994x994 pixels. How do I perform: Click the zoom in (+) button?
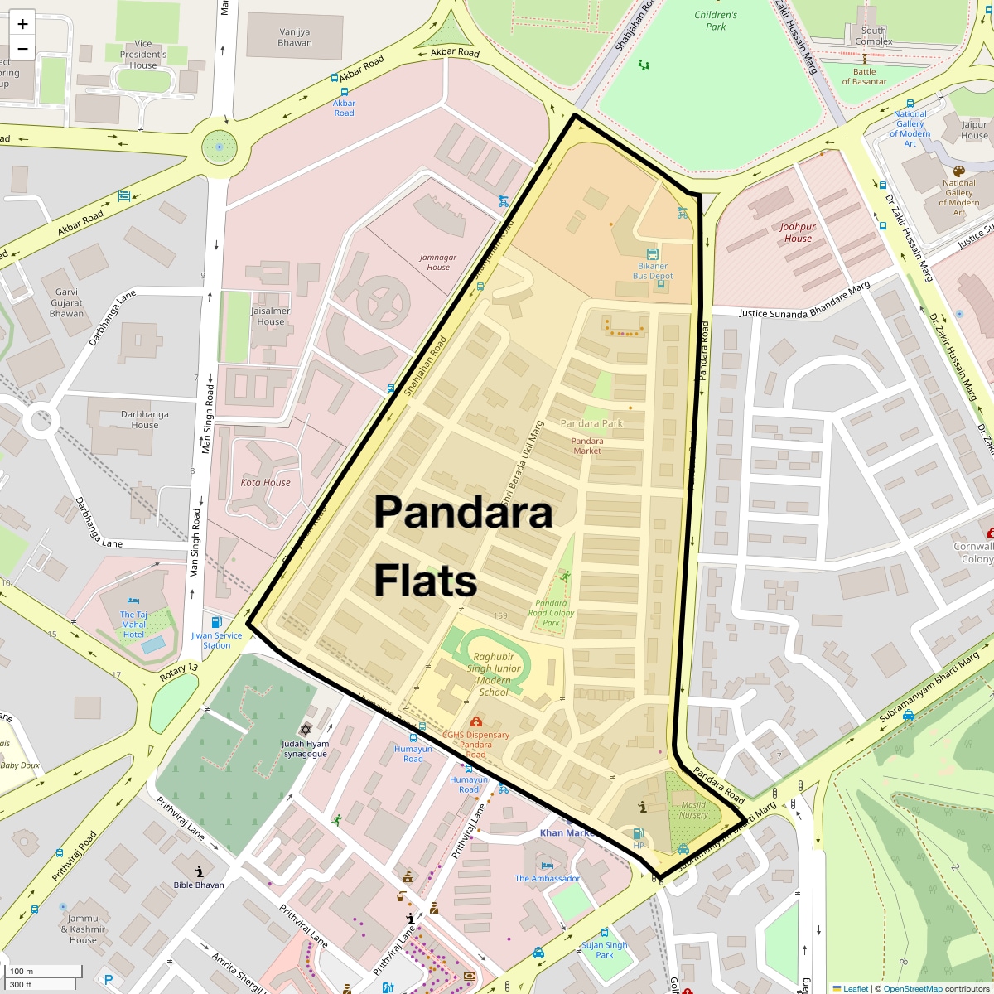tap(22, 24)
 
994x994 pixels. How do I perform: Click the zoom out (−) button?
tap(22, 49)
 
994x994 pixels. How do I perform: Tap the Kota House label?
tap(265, 482)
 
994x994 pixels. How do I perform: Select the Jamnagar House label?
tap(438, 262)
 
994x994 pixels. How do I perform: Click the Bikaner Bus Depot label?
tap(653, 271)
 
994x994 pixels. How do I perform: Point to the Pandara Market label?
tap(587, 446)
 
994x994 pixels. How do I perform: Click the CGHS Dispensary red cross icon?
tap(476, 722)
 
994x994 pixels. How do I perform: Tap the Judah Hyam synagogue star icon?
tap(305, 730)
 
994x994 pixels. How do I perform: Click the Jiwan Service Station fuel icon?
tap(217, 622)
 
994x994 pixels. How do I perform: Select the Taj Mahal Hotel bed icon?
tap(133, 602)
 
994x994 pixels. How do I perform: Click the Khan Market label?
tap(567, 832)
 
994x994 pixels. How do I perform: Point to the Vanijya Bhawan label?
tap(295, 37)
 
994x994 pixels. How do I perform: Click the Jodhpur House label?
tap(798, 232)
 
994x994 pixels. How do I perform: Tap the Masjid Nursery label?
tap(693, 809)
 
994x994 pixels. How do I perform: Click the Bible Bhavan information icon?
tap(199, 871)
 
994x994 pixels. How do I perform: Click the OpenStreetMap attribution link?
tap(913, 988)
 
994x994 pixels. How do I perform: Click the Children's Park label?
tap(716, 21)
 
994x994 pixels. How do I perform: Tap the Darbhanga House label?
tap(144, 419)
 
